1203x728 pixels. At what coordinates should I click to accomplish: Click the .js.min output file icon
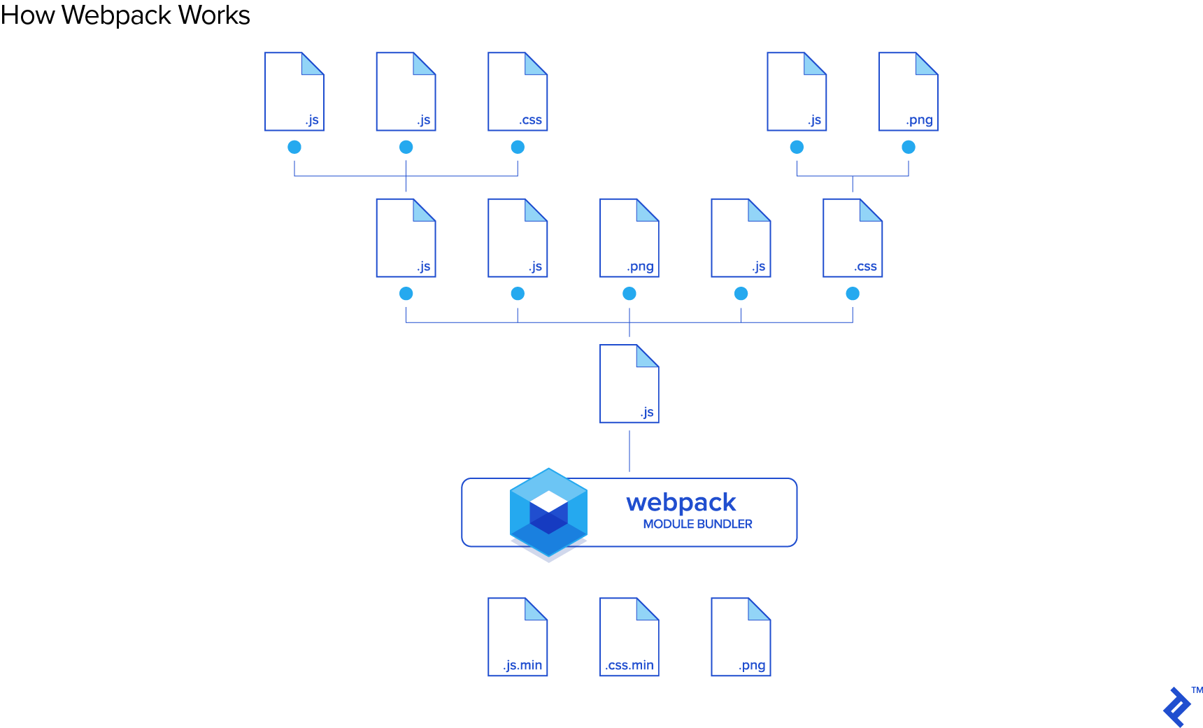coord(518,636)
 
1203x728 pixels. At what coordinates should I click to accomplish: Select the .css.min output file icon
coord(629,636)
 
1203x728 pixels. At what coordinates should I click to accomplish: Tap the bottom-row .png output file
coord(741,636)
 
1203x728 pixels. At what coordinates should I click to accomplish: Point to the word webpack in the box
coord(681,502)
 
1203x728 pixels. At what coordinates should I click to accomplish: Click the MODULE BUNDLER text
coord(697,524)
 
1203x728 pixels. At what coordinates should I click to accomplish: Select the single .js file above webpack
coord(629,383)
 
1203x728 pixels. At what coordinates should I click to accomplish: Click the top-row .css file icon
coord(518,92)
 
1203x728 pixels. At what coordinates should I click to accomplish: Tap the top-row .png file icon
coord(908,92)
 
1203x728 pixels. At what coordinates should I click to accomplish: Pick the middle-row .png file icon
coord(629,238)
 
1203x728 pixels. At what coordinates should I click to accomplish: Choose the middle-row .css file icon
coord(853,238)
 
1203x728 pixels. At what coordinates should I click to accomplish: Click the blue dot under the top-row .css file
coord(518,147)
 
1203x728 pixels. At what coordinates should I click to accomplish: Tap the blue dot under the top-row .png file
coord(909,147)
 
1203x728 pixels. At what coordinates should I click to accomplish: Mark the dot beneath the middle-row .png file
coord(629,294)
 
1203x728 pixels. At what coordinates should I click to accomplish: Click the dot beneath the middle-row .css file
coord(853,294)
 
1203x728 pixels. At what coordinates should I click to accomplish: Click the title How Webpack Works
coord(125,15)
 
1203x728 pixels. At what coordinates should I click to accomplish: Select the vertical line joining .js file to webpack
coord(629,451)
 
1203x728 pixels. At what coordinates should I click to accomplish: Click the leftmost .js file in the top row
coord(294,92)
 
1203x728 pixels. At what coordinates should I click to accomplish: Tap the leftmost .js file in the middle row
coord(406,238)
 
